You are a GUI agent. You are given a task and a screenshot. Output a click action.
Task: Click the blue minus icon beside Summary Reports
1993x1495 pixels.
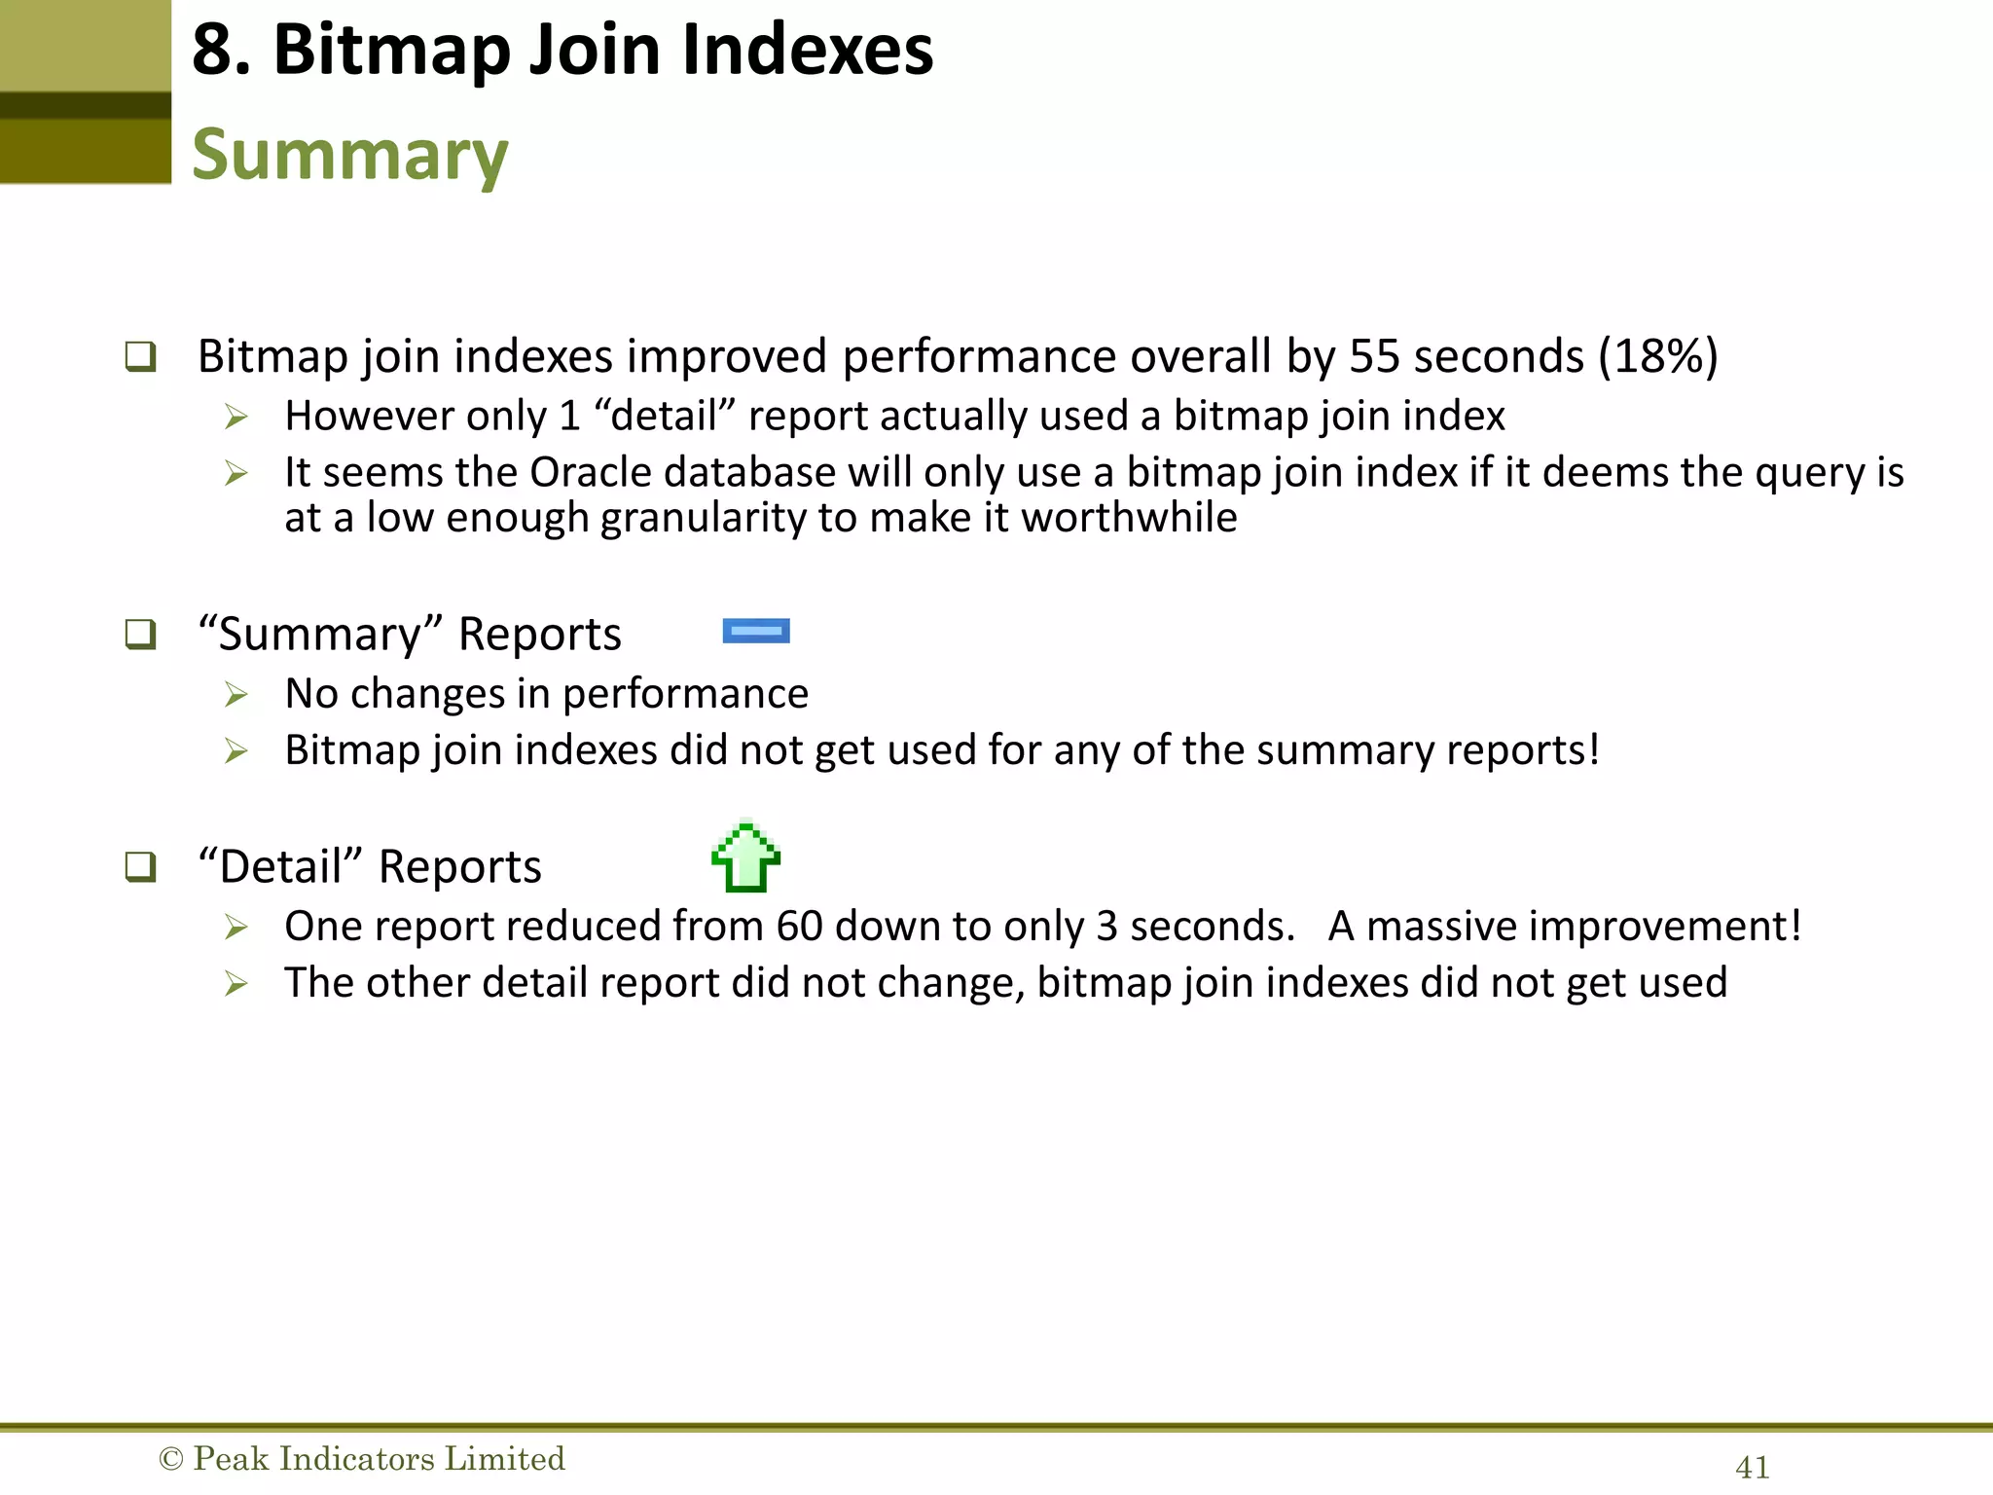(756, 632)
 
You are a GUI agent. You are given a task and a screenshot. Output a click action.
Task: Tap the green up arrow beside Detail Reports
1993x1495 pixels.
(746, 857)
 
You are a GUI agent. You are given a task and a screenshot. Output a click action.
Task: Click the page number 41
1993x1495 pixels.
(1753, 1467)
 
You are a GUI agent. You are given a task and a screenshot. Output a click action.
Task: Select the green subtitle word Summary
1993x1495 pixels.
(350, 156)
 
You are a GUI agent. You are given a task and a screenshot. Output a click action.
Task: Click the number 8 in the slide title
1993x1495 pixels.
(213, 51)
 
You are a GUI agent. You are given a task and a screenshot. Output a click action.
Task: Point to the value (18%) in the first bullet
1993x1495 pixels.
(1658, 356)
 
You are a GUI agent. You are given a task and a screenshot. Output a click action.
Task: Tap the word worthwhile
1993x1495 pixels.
(1129, 518)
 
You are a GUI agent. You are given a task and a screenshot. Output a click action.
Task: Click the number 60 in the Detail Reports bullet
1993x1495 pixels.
(799, 927)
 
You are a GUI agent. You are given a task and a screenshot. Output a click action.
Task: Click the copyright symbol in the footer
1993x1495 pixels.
(170, 1459)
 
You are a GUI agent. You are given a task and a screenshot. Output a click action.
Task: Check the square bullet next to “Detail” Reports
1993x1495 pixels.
(140, 866)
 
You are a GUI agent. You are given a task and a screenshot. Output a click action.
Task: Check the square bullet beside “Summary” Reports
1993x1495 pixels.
(140, 635)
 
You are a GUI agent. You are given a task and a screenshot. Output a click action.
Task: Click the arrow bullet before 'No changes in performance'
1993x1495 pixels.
(236, 695)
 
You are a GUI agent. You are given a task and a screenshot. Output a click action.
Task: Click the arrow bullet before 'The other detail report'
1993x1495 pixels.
(236, 984)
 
